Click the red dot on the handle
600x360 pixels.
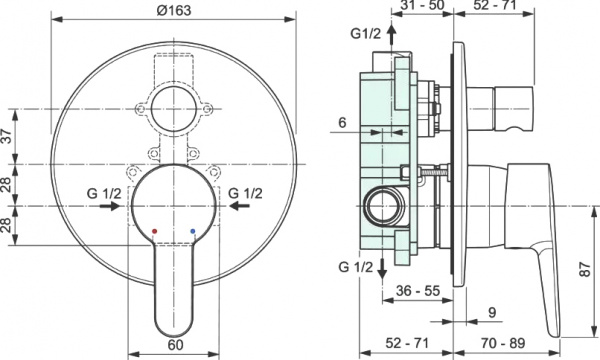[x=153, y=231]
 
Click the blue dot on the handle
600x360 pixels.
[x=193, y=231]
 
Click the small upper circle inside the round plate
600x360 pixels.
[x=174, y=108]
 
